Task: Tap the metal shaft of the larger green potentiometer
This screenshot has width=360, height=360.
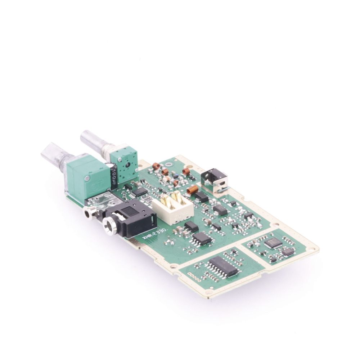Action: click(54, 155)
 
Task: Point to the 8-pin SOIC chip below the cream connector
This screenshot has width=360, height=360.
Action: click(202, 239)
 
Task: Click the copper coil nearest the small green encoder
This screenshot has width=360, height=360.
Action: click(156, 166)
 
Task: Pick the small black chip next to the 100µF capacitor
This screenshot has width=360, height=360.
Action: click(140, 192)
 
